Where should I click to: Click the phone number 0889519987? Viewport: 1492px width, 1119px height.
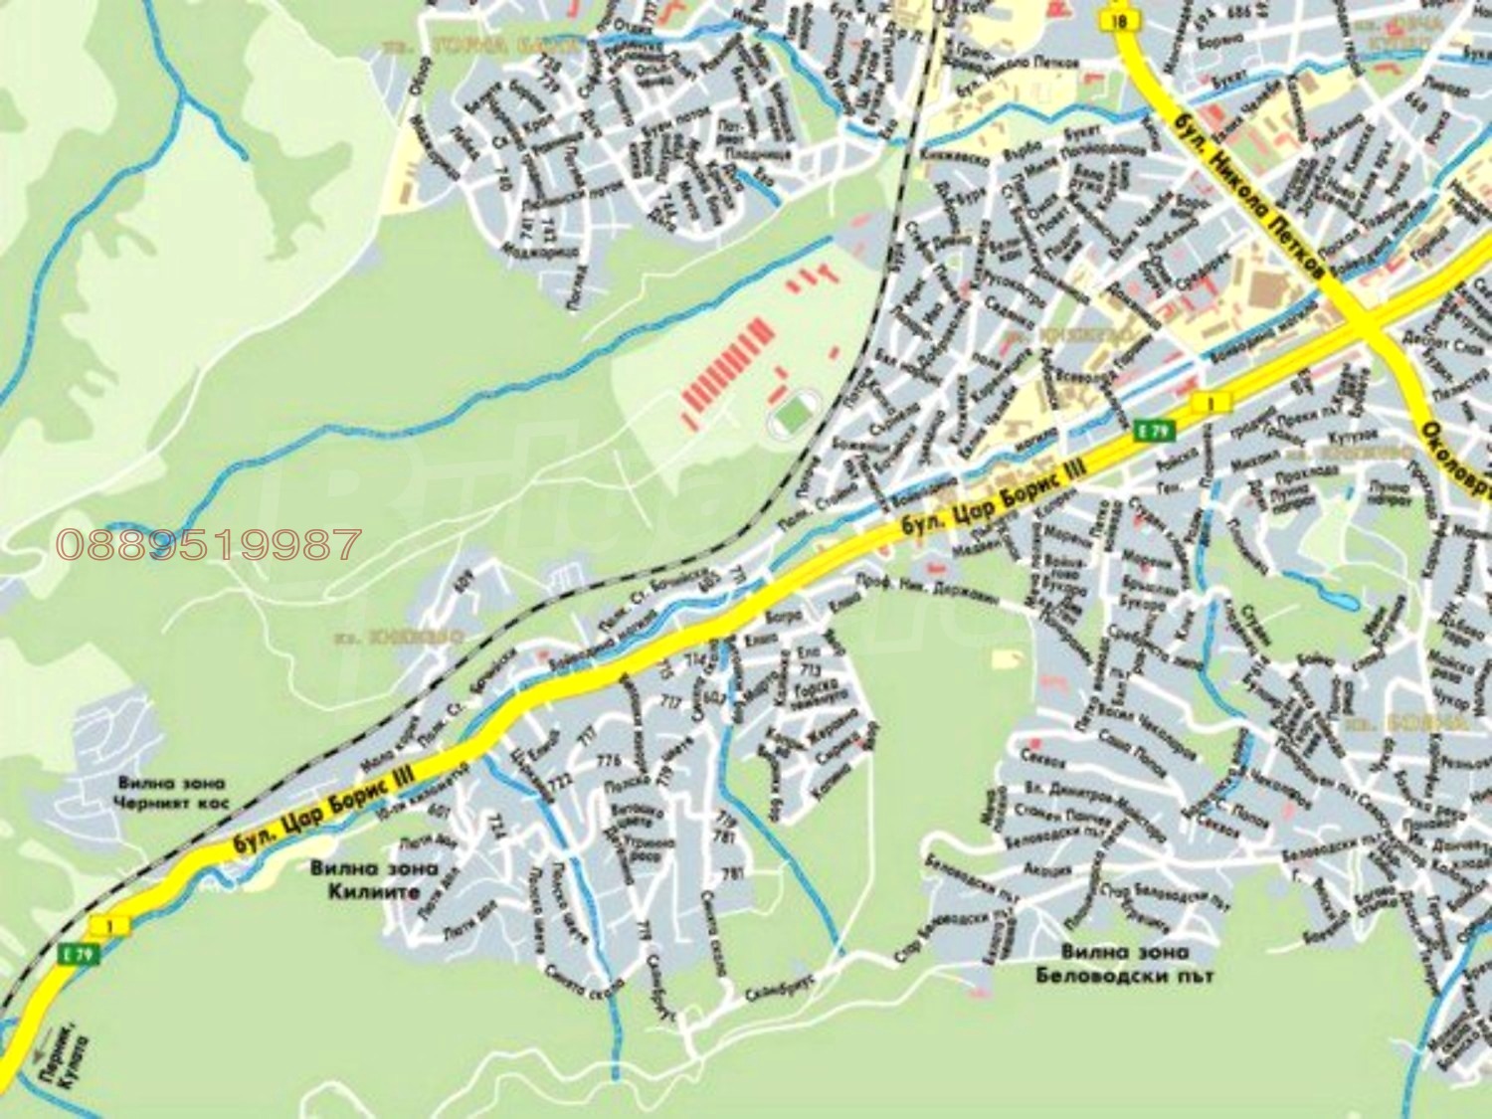click(208, 543)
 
